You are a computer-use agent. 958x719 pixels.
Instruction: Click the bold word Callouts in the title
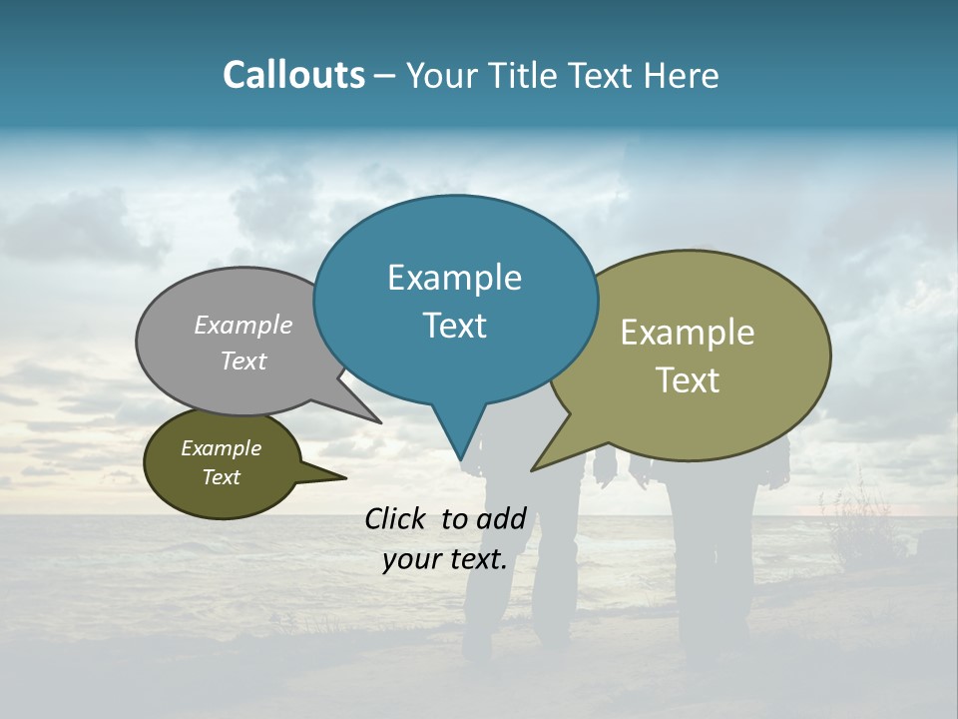tap(293, 75)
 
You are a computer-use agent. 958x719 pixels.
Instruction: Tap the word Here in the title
tap(682, 75)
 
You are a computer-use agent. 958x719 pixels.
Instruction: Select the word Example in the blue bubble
tap(454, 278)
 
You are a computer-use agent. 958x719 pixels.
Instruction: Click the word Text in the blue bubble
tap(454, 326)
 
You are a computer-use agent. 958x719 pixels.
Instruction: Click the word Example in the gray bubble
tap(243, 325)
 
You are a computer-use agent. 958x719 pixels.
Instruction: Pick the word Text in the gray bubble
tap(243, 360)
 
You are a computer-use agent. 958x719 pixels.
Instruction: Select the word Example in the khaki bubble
tap(688, 333)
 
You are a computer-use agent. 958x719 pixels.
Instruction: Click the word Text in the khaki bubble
tap(688, 380)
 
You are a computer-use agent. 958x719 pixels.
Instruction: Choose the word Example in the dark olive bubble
tap(222, 448)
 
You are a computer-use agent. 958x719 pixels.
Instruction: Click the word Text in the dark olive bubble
tap(222, 477)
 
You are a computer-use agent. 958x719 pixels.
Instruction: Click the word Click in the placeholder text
tap(396, 518)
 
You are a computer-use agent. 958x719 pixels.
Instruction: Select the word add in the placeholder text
tap(501, 518)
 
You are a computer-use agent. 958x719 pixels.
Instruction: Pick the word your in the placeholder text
tap(411, 560)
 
